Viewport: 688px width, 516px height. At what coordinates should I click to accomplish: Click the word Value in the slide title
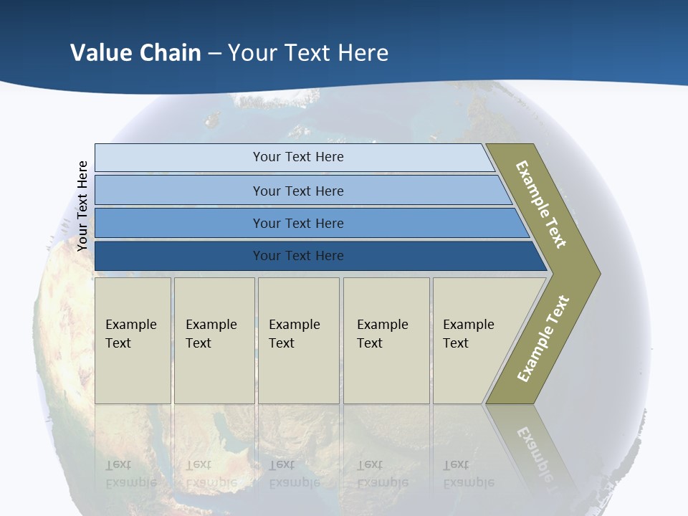click(100, 52)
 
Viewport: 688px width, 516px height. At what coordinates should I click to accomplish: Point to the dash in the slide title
click(214, 53)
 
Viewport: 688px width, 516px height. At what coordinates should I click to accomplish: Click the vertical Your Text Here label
click(82, 206)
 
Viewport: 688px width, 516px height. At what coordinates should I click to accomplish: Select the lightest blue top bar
click(297, 157)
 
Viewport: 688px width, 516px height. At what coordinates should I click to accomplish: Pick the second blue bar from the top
click(297, 191)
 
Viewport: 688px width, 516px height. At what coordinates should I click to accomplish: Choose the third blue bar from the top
click(297, 223)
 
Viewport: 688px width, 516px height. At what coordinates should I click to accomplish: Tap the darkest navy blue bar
click(297, 256)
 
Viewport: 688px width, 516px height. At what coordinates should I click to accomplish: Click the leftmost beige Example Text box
click(133, 340)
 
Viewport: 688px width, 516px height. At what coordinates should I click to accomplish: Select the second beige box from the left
click(214, 340)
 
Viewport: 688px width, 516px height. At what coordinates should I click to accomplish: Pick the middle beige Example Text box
click(298, 340)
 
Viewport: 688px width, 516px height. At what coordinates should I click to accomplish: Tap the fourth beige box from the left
click(386, 340)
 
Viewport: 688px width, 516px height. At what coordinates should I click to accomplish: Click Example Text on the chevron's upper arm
click(541, 204)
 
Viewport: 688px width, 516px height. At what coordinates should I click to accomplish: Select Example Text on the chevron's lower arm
click(543, 339)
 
